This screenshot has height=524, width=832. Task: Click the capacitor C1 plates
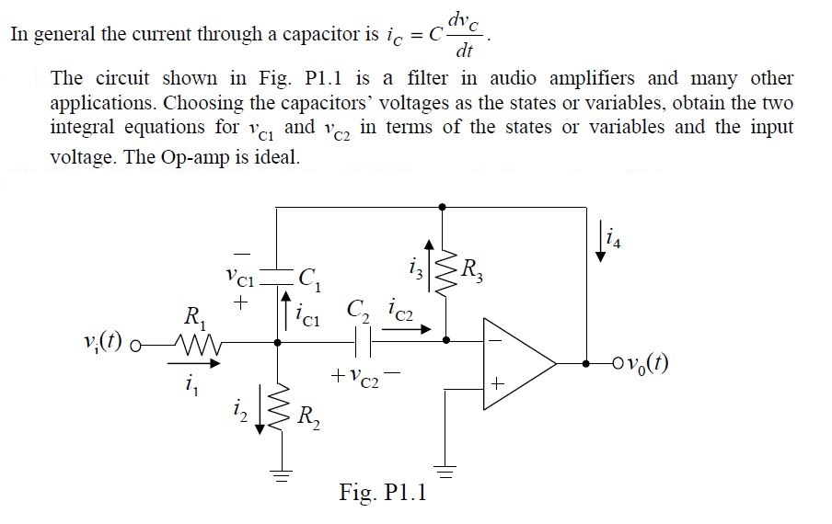277,275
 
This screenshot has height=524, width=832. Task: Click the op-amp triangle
515,363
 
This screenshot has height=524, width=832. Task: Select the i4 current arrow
601,250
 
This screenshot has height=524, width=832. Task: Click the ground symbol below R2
277,476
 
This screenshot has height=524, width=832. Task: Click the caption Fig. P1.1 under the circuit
382,493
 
